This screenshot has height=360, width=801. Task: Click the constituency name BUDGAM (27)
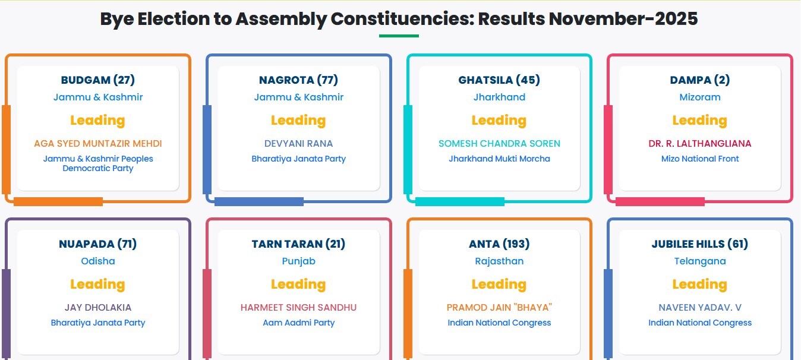click(97, 80)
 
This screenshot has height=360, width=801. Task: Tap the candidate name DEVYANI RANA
click(298, 143)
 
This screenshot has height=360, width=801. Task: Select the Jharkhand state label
click(499, 97)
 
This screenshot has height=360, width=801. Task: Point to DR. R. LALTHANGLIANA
click(700, 143)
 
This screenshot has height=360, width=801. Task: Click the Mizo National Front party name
click(700, 159)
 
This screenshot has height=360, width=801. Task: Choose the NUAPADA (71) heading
click(97, 244)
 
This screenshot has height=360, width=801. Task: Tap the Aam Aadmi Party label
click(298, 323)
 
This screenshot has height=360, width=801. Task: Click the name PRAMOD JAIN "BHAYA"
click(499, 308)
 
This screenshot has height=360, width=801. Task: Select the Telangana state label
click(700, 261)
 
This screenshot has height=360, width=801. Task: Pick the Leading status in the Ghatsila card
click(499, 120)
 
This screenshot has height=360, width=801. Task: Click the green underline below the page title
click(399, 36)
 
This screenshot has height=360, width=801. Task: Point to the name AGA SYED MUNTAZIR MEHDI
click(97, 143)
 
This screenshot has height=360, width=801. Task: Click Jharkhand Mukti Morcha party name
click(499, 159)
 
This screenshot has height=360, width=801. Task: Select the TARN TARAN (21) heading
click(298, 244)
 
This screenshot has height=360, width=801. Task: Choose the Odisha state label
click(97, 261)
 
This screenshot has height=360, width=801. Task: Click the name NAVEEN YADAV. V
click(700, 308)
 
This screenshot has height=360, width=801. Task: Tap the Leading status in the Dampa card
click(700, 120)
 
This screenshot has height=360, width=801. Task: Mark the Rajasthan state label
click(499, 261)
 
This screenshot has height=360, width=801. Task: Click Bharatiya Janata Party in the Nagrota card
click(298, 159)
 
